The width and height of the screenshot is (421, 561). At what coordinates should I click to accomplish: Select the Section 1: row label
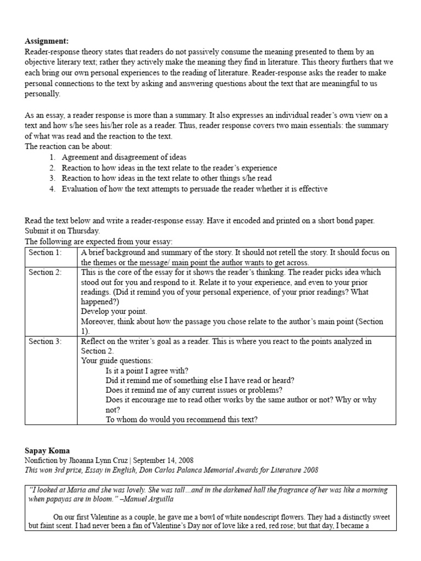(45, 253)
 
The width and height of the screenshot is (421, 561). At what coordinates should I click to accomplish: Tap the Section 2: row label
(45, 272)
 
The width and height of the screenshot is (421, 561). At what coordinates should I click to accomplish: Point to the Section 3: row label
(45, 341)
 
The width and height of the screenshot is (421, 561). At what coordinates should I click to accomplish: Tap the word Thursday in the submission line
(81, 231)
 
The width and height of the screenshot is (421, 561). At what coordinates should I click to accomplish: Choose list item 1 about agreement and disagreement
(124, 157)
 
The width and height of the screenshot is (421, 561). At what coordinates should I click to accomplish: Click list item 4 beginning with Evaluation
(194, 189)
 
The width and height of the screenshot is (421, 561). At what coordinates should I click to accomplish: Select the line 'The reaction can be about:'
(68, 146)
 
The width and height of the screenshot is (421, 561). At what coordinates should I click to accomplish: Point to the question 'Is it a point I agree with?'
(147, 370)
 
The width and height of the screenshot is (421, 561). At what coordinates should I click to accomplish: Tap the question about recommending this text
(181, 420)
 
